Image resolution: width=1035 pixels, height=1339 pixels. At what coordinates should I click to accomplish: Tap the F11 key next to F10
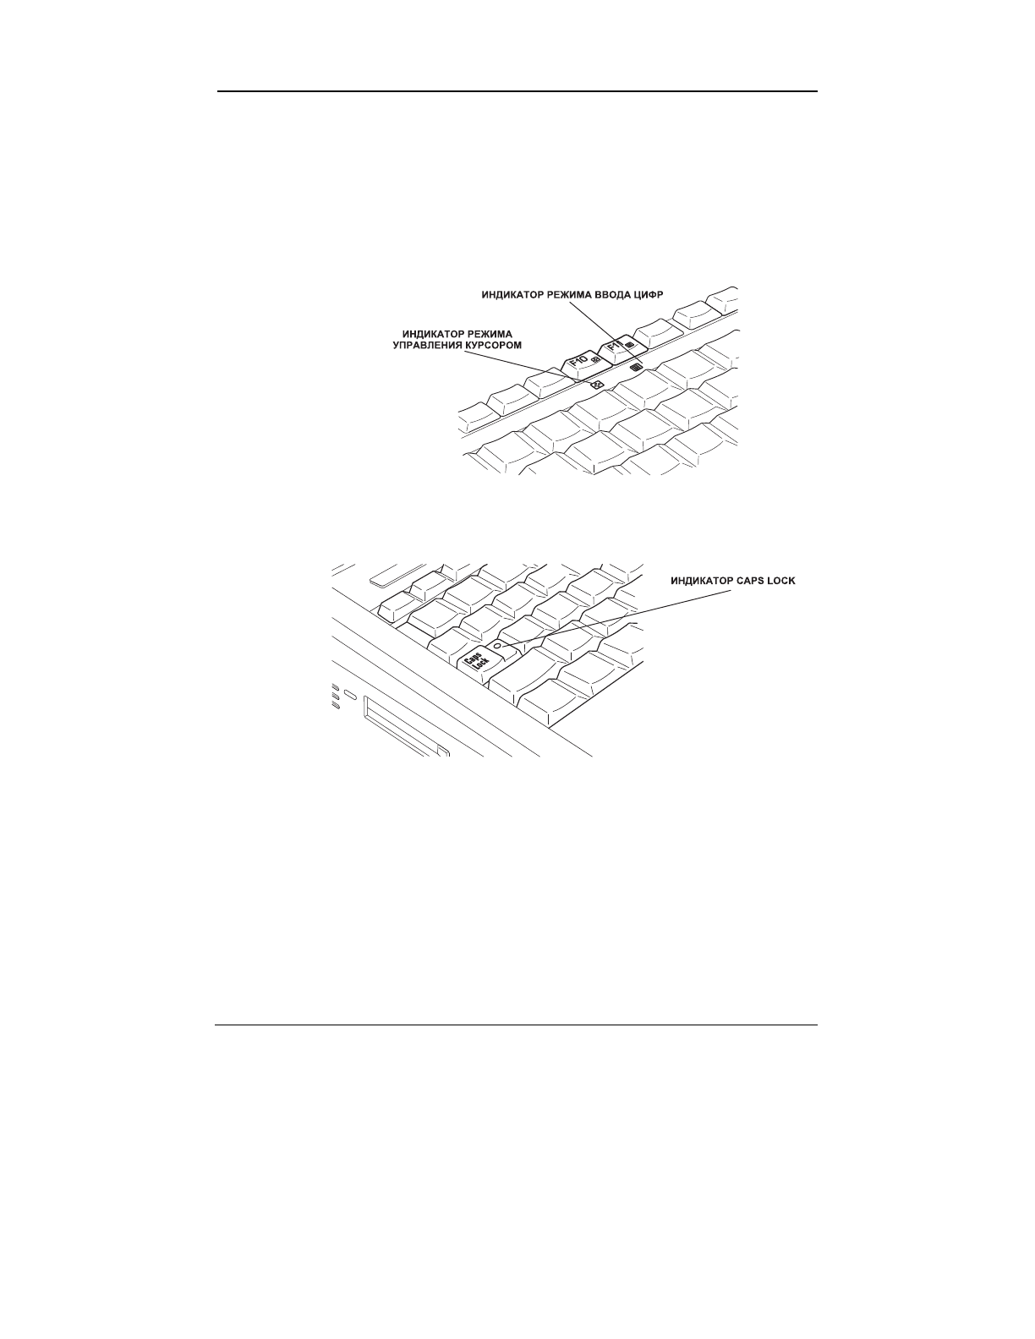click(622, 345)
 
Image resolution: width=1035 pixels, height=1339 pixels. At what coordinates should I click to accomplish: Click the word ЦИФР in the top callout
click(654, 295)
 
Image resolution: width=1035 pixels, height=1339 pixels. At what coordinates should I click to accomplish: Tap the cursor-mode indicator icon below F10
click(598, 385)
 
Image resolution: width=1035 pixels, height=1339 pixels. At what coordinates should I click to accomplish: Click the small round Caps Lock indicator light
click(497, 644)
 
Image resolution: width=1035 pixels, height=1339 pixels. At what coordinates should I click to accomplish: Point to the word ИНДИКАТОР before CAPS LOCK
click(699, 582)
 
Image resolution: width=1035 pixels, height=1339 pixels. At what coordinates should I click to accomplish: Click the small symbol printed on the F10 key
click(595, 361)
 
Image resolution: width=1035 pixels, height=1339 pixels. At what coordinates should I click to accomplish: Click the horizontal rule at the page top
click(517, 91)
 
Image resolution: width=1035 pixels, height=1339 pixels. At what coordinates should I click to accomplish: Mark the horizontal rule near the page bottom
click(517, 1026)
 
